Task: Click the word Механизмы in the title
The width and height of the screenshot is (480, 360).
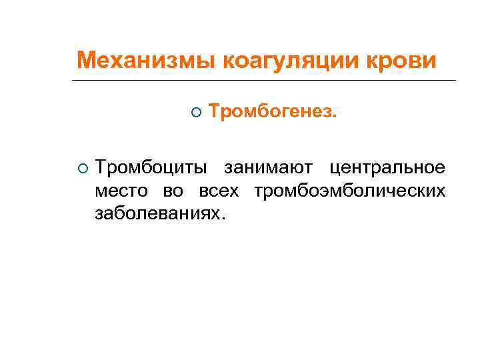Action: coord(145,61)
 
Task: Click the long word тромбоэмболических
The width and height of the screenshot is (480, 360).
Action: coord(349,191)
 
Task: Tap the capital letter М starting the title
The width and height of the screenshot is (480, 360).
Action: coord(85,61)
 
